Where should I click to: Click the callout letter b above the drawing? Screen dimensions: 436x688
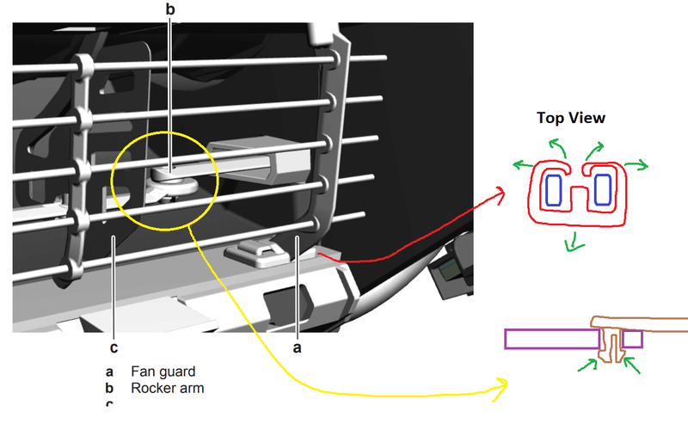169,9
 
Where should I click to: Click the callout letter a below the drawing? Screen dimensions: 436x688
298,348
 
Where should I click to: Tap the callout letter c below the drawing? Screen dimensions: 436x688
114,348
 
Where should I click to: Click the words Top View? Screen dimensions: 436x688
572,118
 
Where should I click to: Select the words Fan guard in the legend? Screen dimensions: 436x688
163,372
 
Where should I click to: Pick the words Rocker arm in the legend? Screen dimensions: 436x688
167,388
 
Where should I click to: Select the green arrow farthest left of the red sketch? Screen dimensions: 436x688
520,163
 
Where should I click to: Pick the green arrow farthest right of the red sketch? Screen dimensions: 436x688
640,164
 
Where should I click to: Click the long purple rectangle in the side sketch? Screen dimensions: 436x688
550,339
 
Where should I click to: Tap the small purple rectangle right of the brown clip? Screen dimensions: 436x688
632,339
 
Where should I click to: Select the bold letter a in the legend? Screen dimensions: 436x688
110,372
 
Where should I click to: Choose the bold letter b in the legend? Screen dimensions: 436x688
110,388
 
